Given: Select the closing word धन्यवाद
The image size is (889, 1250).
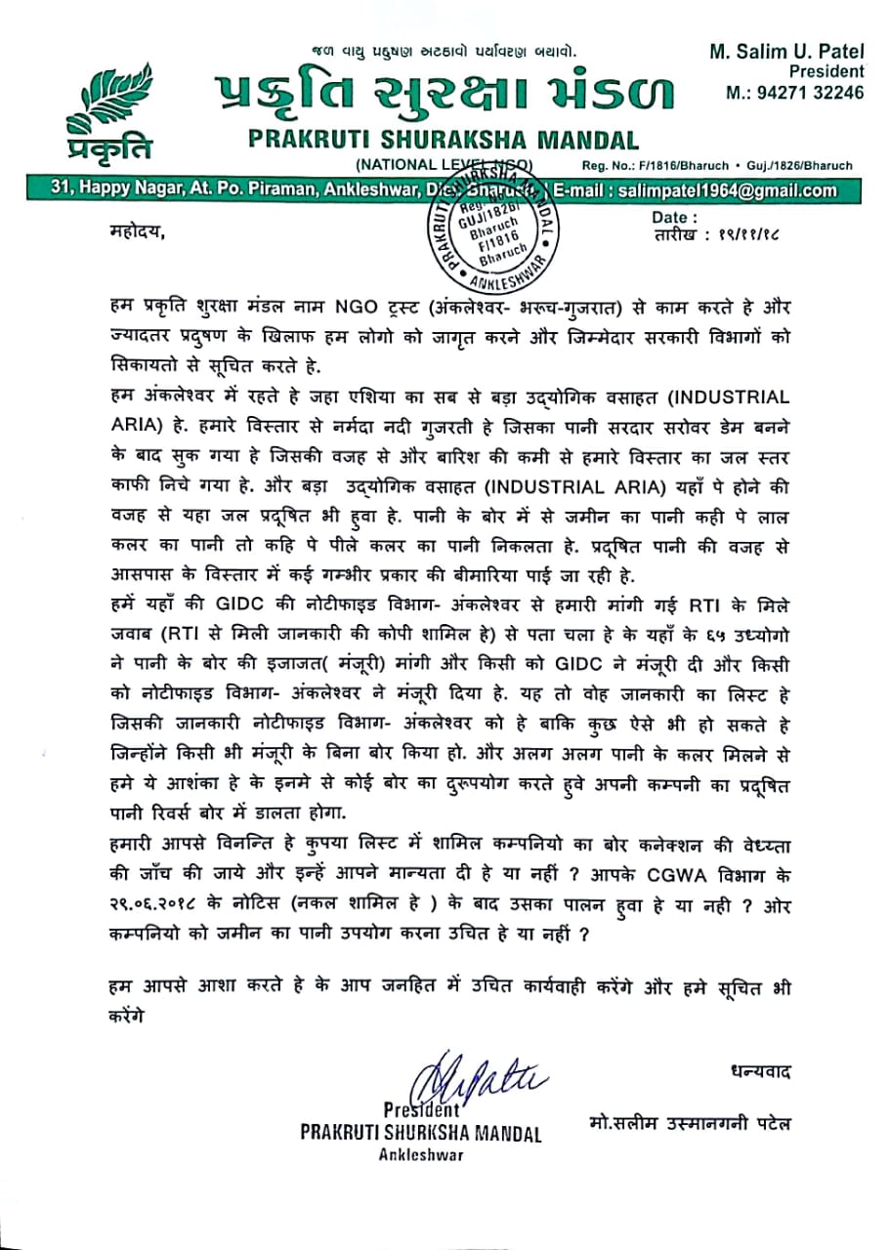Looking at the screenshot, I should [x=759, y=1071].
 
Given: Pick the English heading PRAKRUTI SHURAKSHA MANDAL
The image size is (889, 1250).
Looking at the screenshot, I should [x=444, y=141].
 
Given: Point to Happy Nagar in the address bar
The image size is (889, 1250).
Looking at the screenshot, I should [x=95, y=190].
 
